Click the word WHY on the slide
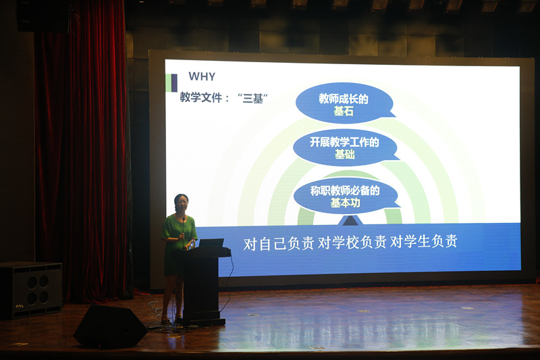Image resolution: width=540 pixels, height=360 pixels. pyautogui.click(x=202, y=76)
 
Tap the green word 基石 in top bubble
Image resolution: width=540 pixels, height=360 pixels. pyautogui.click(x=344, y=111)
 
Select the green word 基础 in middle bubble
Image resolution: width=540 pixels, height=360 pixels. pyautogui.click(x=345, y=155)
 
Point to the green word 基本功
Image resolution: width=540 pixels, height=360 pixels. pyautogui.click(x=345, y=203)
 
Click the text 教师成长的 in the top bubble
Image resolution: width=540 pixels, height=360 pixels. pyautogui.click(x=344, y=99)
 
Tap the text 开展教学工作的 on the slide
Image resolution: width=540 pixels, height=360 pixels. pyautogui.click(x=344, y=142)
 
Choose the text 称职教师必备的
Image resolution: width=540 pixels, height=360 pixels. pyautogui.click(x=345, y=190)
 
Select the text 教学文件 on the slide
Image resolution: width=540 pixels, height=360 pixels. pyautogui.click(x=200, y=97)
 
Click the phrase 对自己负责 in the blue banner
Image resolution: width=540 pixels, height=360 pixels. pyautogui.click(x=279, y=243)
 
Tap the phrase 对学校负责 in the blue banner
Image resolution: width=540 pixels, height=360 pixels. pyautogui.click(x=352, y=242)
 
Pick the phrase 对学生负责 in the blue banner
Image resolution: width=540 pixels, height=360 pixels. pyautogui.click(x=424, y=242)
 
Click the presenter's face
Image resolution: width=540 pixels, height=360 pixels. pyautogui.click(x=182, y=204)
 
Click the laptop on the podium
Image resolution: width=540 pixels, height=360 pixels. pyautogui.click(x=211, y=243)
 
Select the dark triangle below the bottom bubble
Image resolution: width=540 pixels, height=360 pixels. pyautogui.click(x=350, y=221)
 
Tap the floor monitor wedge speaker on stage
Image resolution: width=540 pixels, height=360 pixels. pyautogui.click(x=110, y=326)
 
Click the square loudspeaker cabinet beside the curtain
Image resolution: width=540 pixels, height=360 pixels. pyautogui.click(x=31, y=290)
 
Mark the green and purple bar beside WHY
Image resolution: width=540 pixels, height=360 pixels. pyautogui.click(x=171, y=83)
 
